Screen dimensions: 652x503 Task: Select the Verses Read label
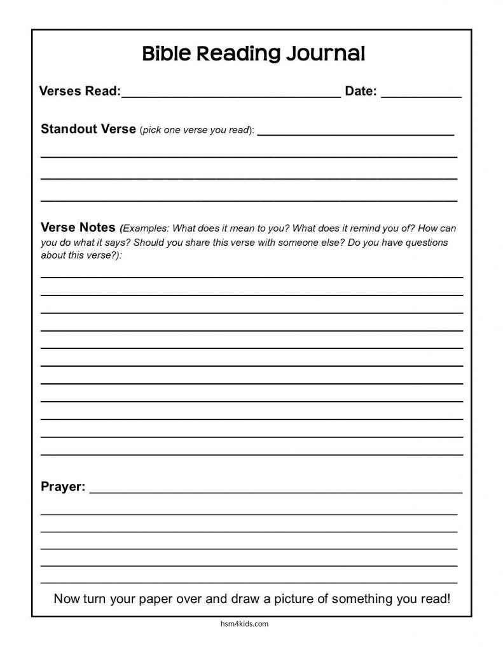click(79, 92)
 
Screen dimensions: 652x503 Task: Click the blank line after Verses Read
click(231, 96)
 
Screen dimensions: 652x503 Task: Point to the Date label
click(361, 92)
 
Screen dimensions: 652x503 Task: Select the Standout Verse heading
click(88, 129)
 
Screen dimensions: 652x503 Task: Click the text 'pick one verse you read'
click(195, 131)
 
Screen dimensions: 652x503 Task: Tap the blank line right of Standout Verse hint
click(355, 134)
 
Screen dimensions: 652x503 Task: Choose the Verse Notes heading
click(78, 227)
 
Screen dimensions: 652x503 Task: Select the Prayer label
click(62, 487)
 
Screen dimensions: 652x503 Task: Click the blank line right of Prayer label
click(277, 492)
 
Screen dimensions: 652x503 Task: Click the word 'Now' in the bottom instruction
click(65, 599)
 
